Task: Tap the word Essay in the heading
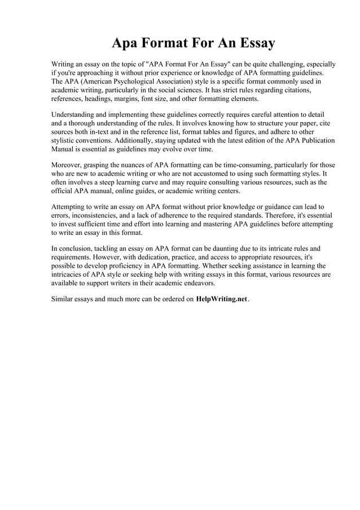(x=253, y=43)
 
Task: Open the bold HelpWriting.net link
(x=221, y=299)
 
